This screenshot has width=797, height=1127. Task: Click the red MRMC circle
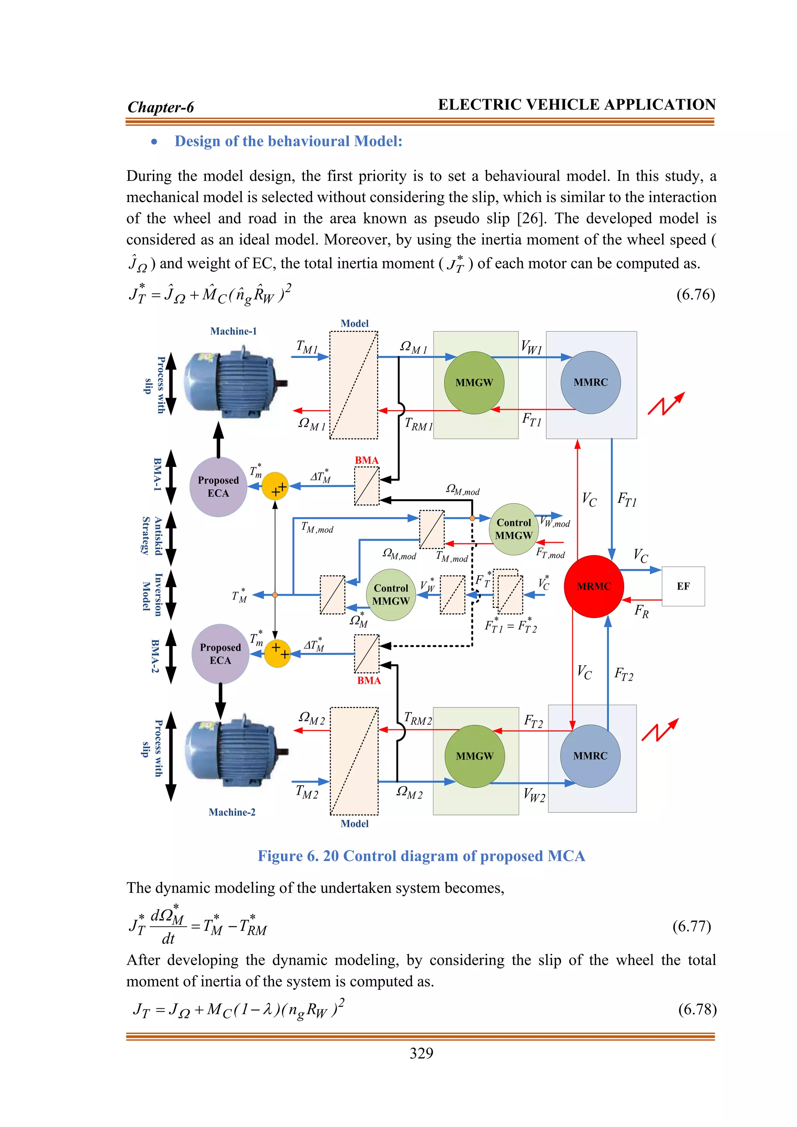pyautogui.click(x=594, y=586)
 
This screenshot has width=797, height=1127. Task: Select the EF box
pyautogui.click(x=683, y=586)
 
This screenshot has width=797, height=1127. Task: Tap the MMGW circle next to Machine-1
pyautogui.click(x=474, y=383)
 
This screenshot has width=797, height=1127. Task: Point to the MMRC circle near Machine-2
pyautogui.click(x=590, y=756)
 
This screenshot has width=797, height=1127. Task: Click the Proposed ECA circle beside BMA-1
pyautogui.click(x=218, y=486)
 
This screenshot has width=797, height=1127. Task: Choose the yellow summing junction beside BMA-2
pyautogui.click(x=277, y=654)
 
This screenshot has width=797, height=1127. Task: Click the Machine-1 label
pyautogui.click(x=233, y=331)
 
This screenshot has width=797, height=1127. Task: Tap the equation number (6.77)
pyautogui.click(x=692, y=926)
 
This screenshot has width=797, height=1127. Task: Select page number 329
pyautogui.click(x=421, y=1053)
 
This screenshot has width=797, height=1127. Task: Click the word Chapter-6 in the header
pyautogui.click(x=161, y=107)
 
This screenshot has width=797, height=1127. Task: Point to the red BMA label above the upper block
pyautogui.click(x=367, y=460)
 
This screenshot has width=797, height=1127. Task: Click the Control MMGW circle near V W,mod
pyautogui.click(x=513, y=529)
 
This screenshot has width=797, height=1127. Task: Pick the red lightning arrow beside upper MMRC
pyautogui.click(x=665, y=404)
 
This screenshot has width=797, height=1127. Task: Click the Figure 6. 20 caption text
pyautogui.click(x=421, y=856)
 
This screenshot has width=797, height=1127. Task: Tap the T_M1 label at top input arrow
pyautogui.click(x=307, y=346)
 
